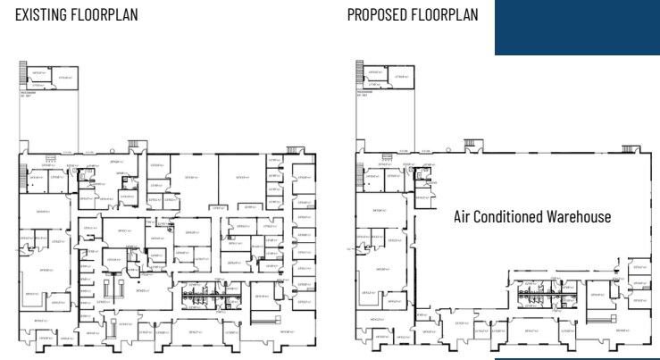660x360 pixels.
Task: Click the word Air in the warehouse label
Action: pyautogui.click(x=463, y=217)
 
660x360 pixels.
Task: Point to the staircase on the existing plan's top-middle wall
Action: pyautogui.click(x=136, y=142)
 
